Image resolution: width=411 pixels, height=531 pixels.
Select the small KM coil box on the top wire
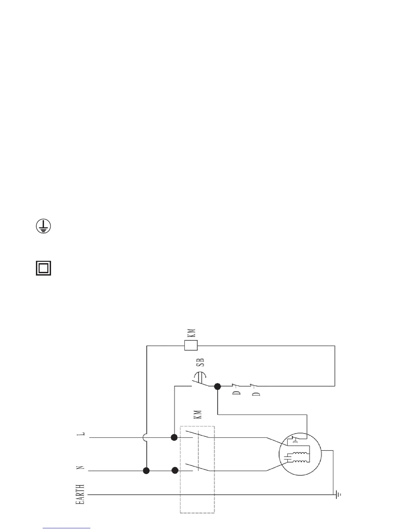[x=191, y=345]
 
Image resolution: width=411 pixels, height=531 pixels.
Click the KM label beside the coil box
[x=191, y=333]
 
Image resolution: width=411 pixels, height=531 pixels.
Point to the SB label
[x=200, y=362]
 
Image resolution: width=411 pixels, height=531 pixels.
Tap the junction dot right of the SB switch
[x=218, y=387]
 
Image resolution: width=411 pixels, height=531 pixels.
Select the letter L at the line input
[x=81, y=434]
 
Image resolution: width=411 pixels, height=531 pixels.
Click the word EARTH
[x=80, y=494]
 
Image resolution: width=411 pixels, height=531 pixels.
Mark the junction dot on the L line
[x=174, y=437]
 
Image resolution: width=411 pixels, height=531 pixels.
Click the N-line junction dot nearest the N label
[x=146, y=471]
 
